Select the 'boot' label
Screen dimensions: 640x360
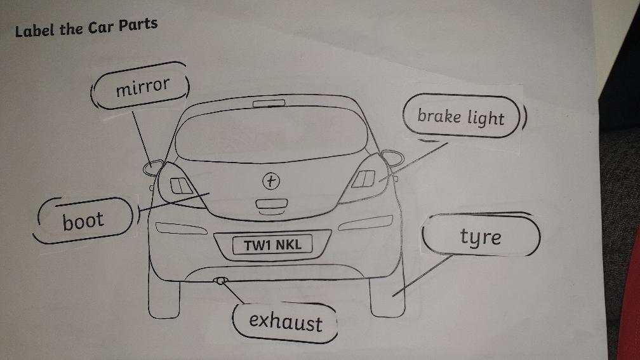[x=84, y=221]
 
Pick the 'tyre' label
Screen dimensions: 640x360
[x=481, y=235]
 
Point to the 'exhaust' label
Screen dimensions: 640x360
[x=285, y=322]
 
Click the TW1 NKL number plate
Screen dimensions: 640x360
[x=272, y=244]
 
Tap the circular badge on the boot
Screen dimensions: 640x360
[x=271, y=181]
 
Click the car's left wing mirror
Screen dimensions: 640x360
[x=153, y=168]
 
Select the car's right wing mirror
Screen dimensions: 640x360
[x=392, y=157]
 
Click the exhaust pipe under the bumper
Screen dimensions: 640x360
[x=220, y=281]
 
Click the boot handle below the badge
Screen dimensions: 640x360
[x=272, y=204]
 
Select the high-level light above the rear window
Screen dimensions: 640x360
[x=269, y=103]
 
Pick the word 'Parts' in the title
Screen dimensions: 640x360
[x=138, y=25]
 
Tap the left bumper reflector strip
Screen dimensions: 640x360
[x=181, y=228]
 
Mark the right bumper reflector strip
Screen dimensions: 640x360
[x=365, y=223]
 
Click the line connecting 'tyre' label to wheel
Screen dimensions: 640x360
[x=423, y=276]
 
